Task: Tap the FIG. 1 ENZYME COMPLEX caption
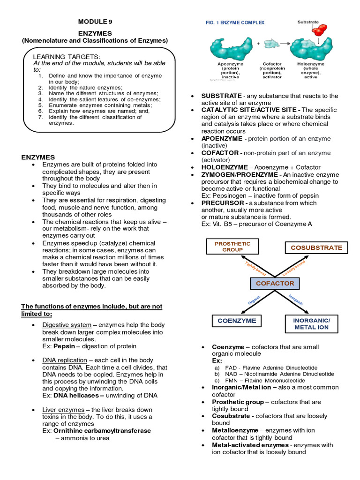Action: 235,22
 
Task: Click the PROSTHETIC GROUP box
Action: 232,247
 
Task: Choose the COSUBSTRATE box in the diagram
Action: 316,247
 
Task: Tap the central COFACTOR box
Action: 275,283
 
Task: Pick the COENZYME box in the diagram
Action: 237,321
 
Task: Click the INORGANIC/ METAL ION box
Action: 312,323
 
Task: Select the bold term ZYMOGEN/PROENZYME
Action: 239,174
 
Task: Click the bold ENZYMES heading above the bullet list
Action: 38,157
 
